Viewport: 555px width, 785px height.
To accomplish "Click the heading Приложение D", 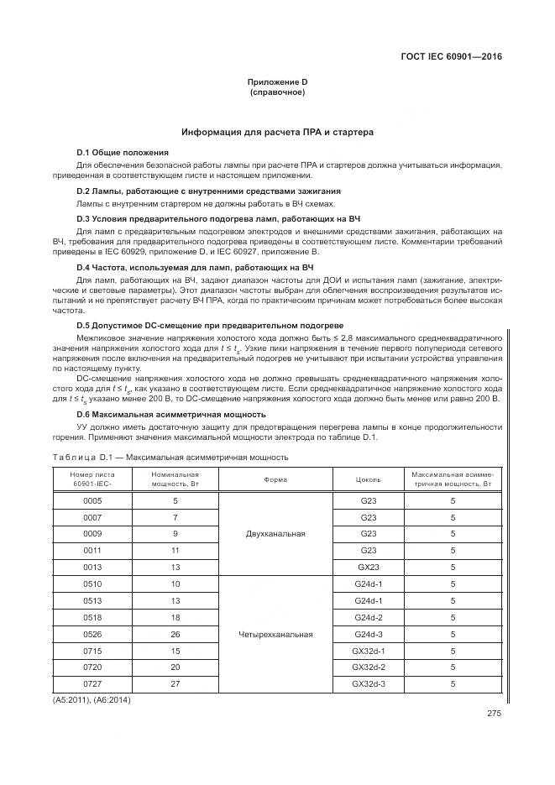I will pyautogui.click(x=277, y=82).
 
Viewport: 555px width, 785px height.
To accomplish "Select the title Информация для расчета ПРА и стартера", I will pyautogui.click(x=277, y=133).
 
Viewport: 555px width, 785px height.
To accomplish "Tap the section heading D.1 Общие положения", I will pyautogui.click(x=123, y=152).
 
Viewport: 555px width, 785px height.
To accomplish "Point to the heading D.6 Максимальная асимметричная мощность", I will pyautogui.click(x=171, y=414).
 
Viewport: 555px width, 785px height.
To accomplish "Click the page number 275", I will pyautogui.click(x=493, y=714).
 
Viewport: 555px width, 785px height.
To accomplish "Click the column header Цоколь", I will pyautogui.click(x=368, y=480).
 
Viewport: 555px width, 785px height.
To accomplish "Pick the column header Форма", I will pyautogui.click(x=276, y=480).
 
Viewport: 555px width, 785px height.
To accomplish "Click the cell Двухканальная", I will pyautogui.click(x=276, y=533).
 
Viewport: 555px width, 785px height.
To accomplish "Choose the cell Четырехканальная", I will pyautogui.click(x=276, y=634).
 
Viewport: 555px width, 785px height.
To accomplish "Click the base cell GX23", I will pyautogui.click(x=368, y=567).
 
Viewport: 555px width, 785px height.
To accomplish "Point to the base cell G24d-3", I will pyautogui.click(x=368, y=634).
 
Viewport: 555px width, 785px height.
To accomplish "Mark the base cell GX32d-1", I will pyautogui.click(x=368, y=651).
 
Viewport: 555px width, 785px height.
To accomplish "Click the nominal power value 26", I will pyautogui.click(x=175, y=634).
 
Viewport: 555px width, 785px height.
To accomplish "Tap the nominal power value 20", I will pyautogui.click(x=175, y=667).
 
